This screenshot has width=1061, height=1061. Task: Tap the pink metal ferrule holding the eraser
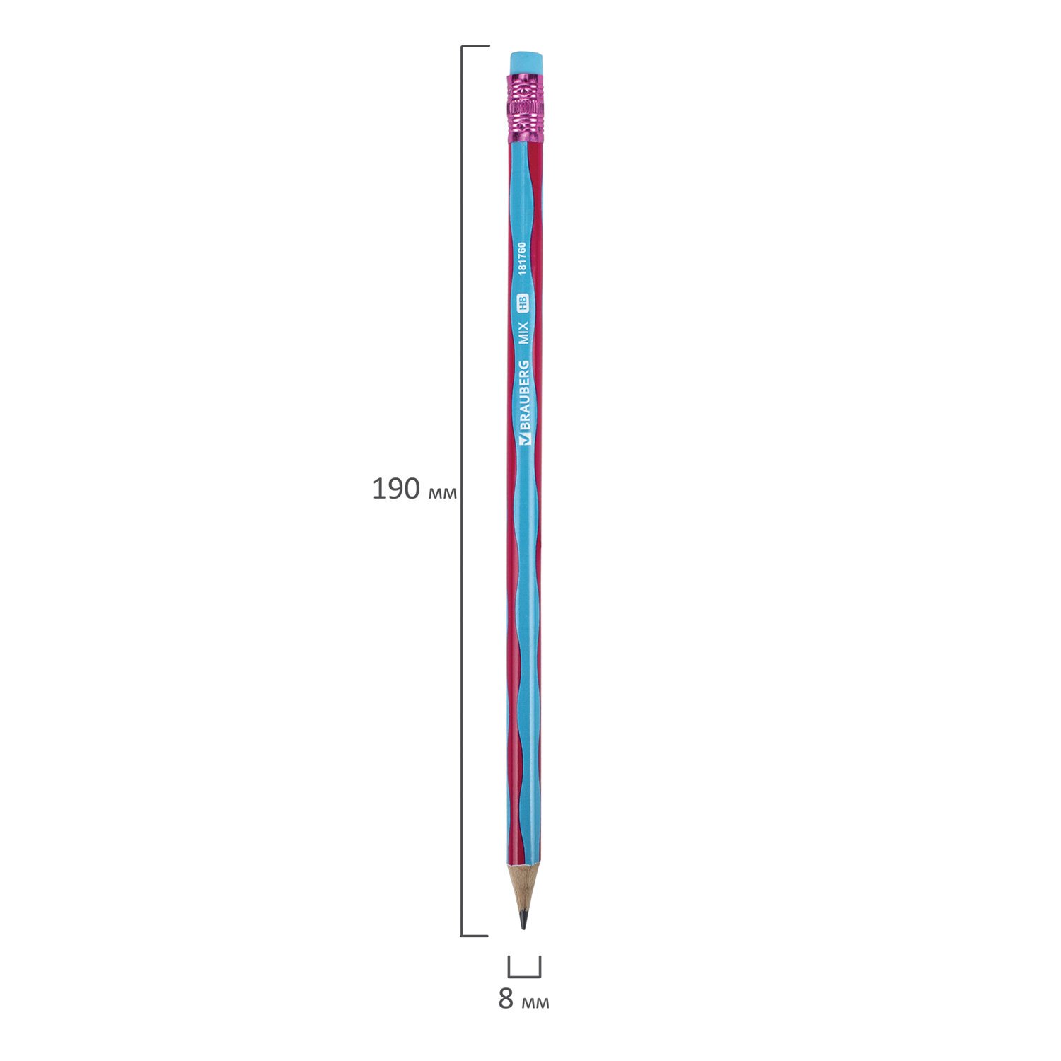(526, 108)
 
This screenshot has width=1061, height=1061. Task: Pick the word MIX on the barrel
(524, 332)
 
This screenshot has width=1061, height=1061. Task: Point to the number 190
(396, 489)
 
